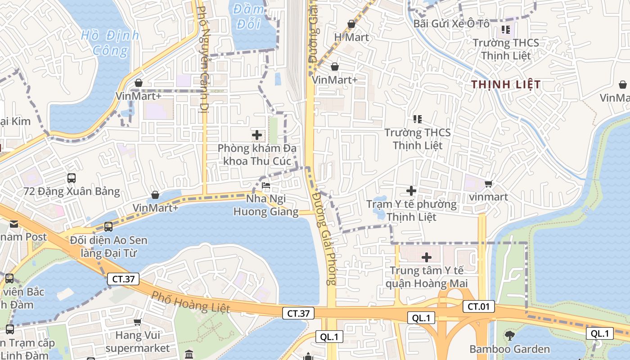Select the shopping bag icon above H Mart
(x=351, y=24)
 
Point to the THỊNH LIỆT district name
(x=506, y=85)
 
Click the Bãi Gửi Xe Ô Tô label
(x=451, y=23)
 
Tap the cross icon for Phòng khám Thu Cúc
(x=257, y=135)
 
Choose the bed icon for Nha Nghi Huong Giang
(x=266, y=185)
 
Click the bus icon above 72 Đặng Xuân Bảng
(x=72, y=178)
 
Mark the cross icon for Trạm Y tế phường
(x=411, y=191)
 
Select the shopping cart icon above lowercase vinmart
(x=488, y=184)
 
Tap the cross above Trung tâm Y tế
(x=427, y=257)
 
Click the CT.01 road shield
(x=479, y=307)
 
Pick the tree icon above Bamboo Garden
(x=509, y=335)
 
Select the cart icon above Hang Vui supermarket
(x=138, y=322)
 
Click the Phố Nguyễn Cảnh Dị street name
(x=203, y=58)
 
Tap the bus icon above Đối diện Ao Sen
(x=108, y=226)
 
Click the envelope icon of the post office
(x=13, y=224)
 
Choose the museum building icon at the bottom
(x=189, y=354)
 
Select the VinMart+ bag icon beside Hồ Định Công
(x=139, y=83)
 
